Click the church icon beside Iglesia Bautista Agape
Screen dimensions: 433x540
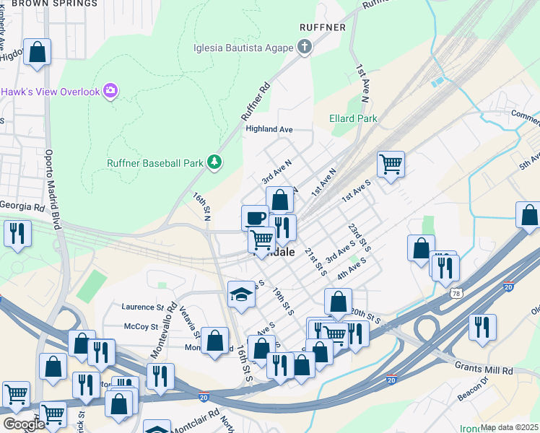305,48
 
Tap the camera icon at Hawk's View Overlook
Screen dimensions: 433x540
110,91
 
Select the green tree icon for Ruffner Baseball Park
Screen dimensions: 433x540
214,162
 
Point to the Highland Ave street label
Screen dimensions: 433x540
269,129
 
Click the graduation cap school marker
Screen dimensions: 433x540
241,294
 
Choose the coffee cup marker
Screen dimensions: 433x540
255,216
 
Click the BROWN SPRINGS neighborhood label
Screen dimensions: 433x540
54,4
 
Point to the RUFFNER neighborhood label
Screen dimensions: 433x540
323,27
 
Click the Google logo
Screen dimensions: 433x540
24,424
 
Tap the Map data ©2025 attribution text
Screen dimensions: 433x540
509,427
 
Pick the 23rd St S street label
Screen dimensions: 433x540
359,237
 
